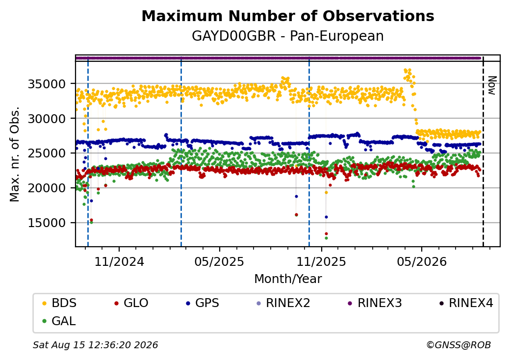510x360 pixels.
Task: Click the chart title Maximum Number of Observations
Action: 288,16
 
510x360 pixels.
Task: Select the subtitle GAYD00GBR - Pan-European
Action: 288,36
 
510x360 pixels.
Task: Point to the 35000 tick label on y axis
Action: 47,84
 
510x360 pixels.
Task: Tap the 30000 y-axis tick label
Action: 47,119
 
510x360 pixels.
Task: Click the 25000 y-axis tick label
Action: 47,153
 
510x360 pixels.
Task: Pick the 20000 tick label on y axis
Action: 47,188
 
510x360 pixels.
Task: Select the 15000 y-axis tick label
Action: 47,223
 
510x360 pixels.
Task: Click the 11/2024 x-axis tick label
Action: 119,262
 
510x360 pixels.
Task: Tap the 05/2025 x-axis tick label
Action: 219,262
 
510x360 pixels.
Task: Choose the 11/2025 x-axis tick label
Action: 321,262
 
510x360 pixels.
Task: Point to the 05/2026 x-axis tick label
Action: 422,262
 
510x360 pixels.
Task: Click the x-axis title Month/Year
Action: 288,279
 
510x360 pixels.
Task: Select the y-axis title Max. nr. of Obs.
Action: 15,154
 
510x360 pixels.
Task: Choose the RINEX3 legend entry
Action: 375,303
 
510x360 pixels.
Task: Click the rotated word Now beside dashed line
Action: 492,85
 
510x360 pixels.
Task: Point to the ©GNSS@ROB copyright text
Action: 459,345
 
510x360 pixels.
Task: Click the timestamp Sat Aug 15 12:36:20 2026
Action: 96,345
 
